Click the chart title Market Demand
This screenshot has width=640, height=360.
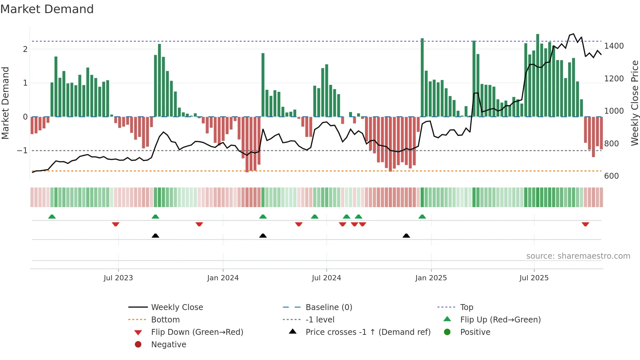pos(47,9)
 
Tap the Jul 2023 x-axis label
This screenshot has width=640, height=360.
pos(118,278)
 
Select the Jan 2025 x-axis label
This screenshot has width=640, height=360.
pos(431,278)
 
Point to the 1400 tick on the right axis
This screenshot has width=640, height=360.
pos(614,46)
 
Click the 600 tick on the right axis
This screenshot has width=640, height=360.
pos(611,176)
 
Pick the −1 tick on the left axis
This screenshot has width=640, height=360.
pos(22,151)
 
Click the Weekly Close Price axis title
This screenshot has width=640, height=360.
pos(634,103)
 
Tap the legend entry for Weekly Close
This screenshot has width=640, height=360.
pos(177,307)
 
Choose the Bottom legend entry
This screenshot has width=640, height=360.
pos(165,320)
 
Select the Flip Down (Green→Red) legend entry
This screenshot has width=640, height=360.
pos(197,332)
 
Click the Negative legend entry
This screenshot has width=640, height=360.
pos(168,345)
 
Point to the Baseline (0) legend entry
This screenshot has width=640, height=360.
pos(328,307)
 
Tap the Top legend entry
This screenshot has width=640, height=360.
pos(467,307)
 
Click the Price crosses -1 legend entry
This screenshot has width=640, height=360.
pos(368,332)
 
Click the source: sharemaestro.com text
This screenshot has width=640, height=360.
pos(578,256)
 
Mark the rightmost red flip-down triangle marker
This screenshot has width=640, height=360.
pos(585,224)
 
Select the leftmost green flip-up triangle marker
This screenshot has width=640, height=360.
pos(52,217)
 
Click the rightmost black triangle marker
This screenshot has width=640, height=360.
pos(406,236)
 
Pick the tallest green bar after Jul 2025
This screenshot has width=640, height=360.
pos(537,75)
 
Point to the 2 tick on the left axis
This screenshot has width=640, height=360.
pos(25,49)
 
